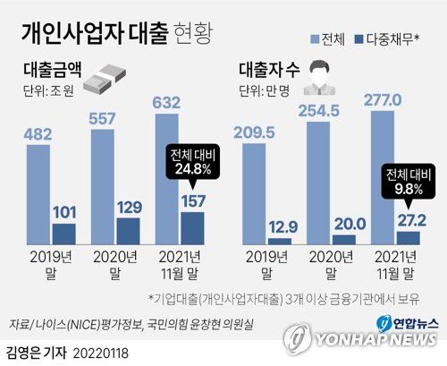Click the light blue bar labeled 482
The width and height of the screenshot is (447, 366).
38,196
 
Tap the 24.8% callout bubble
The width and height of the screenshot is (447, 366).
194,160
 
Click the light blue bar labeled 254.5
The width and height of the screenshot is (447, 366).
319,184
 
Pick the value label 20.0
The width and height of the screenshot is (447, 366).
344,224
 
